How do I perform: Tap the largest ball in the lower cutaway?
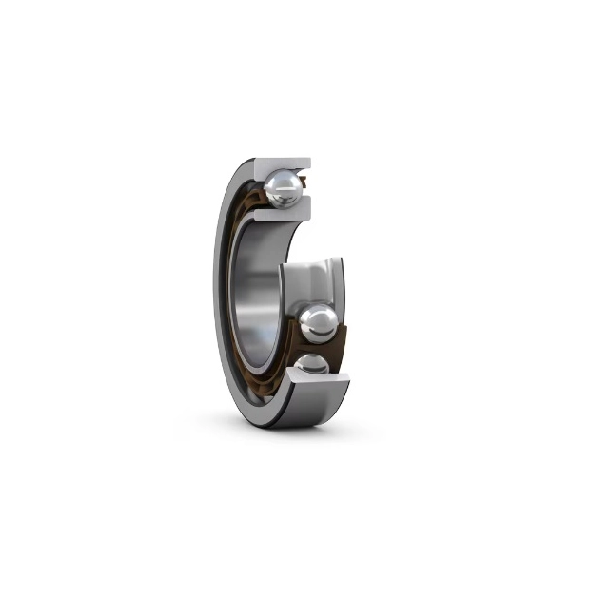pos(318,323)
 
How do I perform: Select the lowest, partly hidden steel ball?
pos(311,364)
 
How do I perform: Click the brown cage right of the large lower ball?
pos(341,335)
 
